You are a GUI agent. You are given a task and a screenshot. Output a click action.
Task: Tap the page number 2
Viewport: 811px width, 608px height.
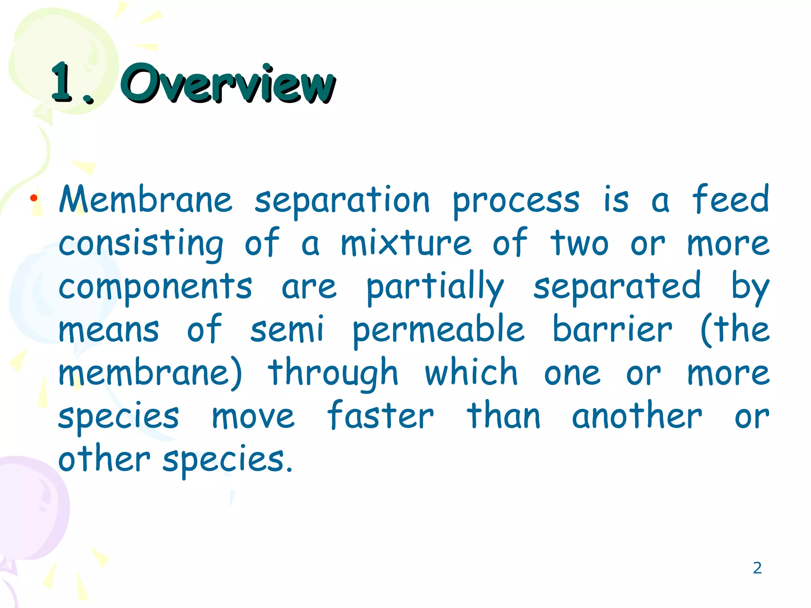757,568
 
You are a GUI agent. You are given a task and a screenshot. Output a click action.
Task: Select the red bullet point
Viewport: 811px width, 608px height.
34,198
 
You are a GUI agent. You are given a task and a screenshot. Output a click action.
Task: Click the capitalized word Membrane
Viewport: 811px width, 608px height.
145,199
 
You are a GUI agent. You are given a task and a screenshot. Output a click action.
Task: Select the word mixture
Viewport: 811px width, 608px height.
406,243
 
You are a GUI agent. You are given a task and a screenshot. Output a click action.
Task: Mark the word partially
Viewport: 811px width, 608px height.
435,287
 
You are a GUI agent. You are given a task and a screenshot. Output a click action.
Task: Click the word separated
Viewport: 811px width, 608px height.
617,287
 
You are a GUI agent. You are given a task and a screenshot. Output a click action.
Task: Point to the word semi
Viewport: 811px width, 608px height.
287,330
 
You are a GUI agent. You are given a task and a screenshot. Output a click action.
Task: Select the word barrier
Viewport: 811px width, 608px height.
612,329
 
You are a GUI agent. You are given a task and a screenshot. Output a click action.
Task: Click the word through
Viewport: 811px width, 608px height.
333,374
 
